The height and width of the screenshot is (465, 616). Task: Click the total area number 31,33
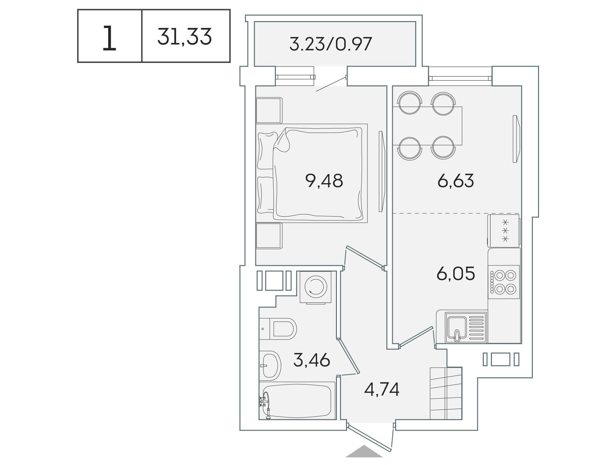click(185, 37)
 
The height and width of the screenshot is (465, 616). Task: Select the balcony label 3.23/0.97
click(330, 44)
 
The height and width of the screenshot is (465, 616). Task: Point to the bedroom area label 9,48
click(324, 181)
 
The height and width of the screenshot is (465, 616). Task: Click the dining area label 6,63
click(456, 181)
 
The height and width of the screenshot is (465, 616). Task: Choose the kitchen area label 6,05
click(456, 273)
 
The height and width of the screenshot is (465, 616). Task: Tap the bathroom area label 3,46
click(312, 360)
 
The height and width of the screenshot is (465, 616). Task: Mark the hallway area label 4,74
click(382, 389)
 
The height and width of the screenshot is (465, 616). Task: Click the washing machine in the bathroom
click(315, 287)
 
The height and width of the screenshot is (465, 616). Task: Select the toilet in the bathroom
click(278, 329)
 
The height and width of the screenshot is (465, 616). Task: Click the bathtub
click(297, 401)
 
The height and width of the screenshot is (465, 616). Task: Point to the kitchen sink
click(461, 327)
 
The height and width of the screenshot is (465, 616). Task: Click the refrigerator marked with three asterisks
click(503, 231)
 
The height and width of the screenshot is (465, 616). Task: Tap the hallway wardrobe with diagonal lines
click(446, 393)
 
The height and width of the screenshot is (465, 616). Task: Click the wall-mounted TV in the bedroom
click(382, 171)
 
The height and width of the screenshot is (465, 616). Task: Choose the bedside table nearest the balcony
click(269, 111)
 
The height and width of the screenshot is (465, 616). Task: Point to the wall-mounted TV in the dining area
click(516, 139)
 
